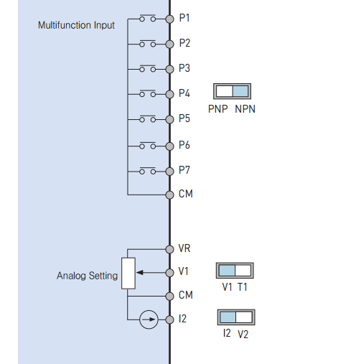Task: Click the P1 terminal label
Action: point(184,18)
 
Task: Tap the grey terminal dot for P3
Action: point(169,70)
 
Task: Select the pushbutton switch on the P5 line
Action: point(148,118)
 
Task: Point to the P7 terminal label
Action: point(184,170)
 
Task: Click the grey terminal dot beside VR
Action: point(169,249)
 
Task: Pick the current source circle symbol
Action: point(149,319)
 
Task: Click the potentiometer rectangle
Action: point(128,274)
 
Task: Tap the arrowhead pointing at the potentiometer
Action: point(140,273)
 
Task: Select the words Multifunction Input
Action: point(76,25)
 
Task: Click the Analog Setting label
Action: point(87,276)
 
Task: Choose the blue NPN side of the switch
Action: point(240,91)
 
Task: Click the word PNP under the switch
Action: point(217,109)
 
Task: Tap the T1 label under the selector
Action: point(243,287)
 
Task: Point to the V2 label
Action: point(243,335)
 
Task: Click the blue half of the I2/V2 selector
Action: point(228,317)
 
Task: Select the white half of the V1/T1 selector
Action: point(243,271)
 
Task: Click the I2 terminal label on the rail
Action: point(182,319)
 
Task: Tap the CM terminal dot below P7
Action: point(169,195)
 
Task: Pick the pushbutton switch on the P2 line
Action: point(148,43)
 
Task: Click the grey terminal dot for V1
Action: point(169,273)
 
